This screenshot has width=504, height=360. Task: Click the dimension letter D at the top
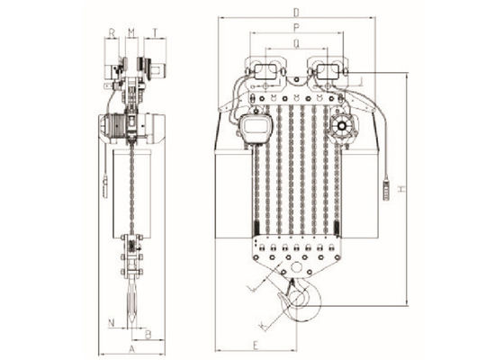[294, 12]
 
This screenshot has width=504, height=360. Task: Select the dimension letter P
[295, 27]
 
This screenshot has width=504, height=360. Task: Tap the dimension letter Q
[295, 41]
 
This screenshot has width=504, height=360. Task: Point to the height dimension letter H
[404, 190]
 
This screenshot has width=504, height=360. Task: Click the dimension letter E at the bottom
[256, 345]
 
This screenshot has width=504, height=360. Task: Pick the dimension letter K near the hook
[261, 320]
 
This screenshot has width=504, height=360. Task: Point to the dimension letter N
[110, 319]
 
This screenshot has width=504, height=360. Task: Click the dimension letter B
[148, 333]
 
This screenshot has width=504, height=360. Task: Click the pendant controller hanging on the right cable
[388, 192]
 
